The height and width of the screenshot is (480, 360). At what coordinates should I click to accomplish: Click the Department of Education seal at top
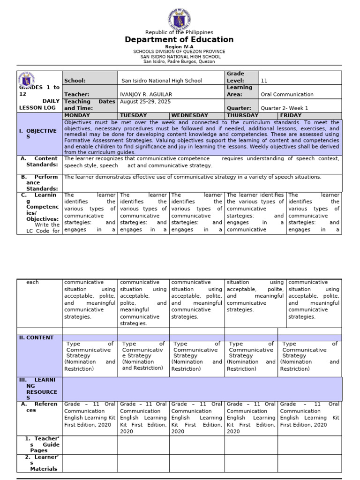click(179, 18)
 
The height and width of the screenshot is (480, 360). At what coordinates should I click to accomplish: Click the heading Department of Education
click(179, 40)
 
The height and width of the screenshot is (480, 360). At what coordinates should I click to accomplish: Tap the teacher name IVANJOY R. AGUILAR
click(143, 95)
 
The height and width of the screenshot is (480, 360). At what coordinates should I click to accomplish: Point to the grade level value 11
click(264, 81)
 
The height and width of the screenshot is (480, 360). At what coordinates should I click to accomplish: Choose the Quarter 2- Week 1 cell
click(285, 108)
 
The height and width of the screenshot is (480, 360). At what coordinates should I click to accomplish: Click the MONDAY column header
click(77, 115)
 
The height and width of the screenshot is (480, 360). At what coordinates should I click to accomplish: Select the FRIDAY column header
click(291, 115)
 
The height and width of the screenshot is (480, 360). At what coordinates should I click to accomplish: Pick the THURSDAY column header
click(242, 115)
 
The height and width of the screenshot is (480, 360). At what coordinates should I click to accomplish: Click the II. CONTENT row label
click(36, 337)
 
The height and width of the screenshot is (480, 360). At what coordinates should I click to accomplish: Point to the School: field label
click(75, 81)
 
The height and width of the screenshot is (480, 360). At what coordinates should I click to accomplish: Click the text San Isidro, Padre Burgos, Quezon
click(179, 61)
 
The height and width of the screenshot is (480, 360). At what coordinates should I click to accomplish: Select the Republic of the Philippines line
click(179, 32)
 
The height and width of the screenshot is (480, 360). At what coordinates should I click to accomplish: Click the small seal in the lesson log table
click(26, 80)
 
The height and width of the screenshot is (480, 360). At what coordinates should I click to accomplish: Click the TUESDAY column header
click(134, 115)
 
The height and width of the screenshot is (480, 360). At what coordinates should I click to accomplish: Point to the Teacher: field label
click(76, 95)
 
